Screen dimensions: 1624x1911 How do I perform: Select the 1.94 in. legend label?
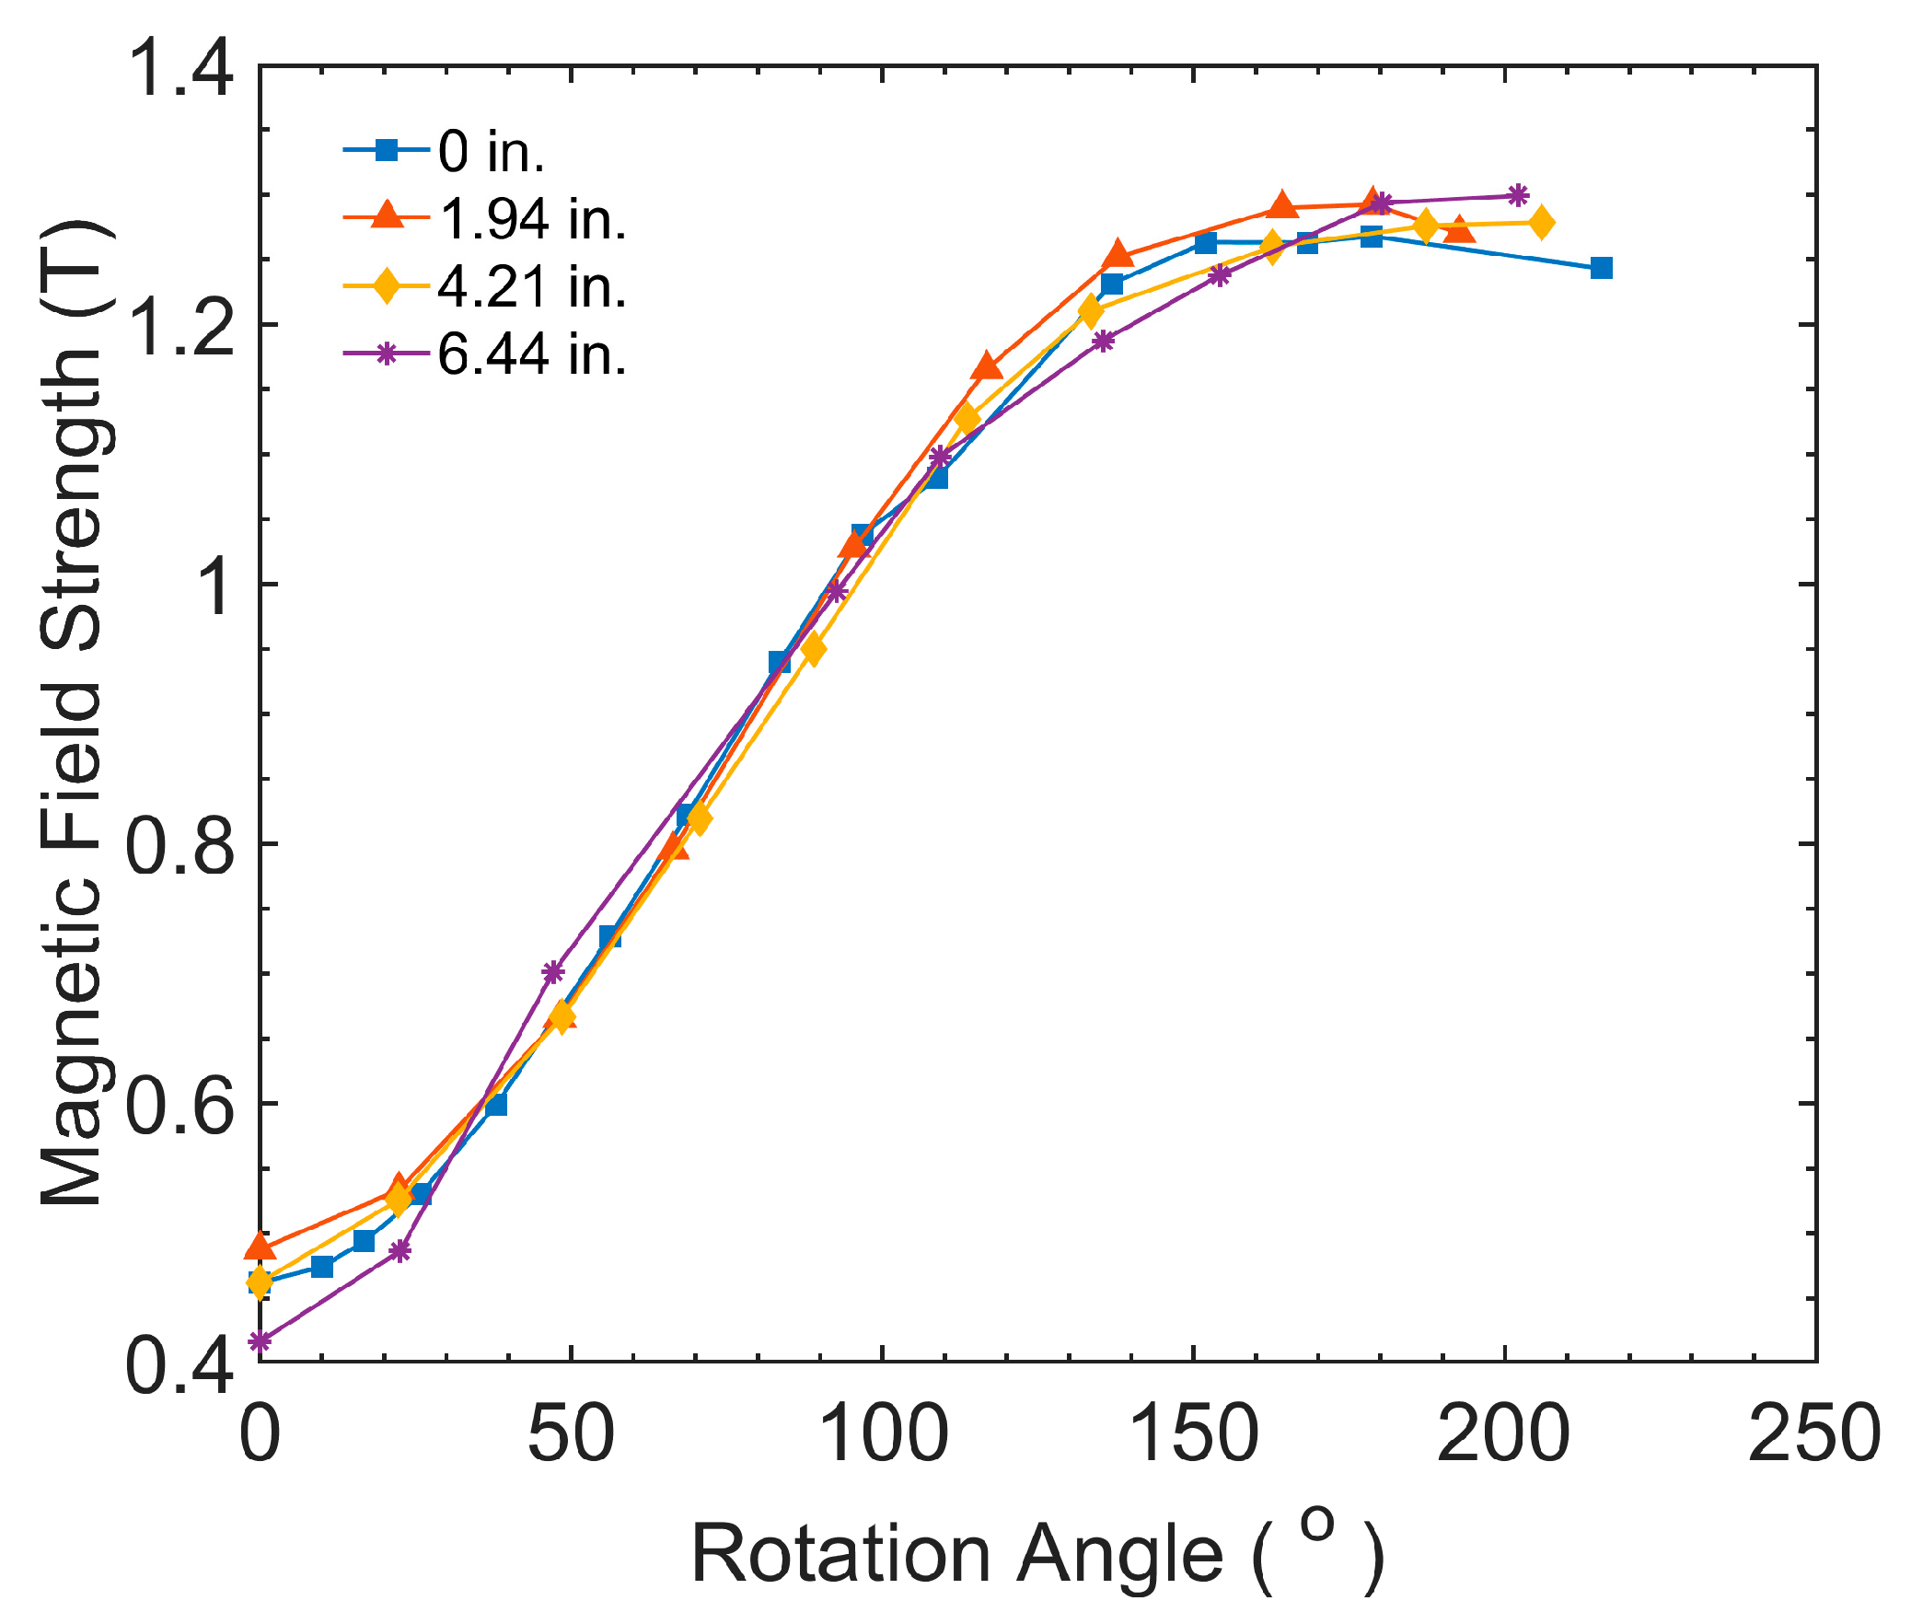coord(532,219)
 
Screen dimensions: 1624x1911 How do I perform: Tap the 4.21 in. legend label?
coord(532,286)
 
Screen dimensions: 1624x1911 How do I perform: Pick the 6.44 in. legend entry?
coord(532,354)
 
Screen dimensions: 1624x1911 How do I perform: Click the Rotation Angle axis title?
coord(1037,1555)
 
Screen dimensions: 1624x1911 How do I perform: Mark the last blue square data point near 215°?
coord(1601,268)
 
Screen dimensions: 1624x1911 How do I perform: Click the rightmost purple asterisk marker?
coord(1518,195)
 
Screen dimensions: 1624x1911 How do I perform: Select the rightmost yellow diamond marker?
coord(1541,223)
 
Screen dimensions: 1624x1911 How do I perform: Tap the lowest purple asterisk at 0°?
coord(261,1341)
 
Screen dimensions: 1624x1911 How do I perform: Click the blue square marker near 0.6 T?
coord(496,1104)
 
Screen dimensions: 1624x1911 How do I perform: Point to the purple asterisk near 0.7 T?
coord(552,971)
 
